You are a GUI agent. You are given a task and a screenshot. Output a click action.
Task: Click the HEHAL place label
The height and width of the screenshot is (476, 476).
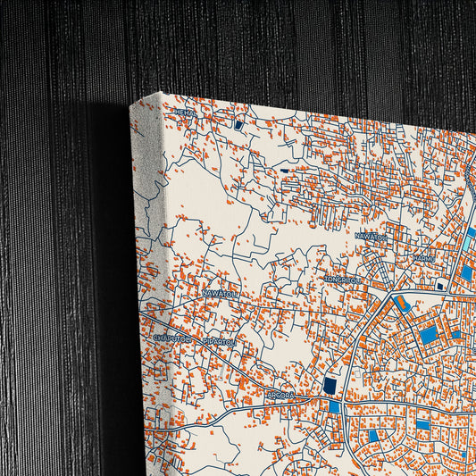click(x=185, y=113)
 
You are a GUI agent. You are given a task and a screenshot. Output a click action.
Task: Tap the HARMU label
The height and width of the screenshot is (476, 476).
click(x=423, y=259)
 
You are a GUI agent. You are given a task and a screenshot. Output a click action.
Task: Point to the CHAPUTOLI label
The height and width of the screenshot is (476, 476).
click(x=172, y=338)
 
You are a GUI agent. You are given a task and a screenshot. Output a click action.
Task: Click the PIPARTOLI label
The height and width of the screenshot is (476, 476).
click(x=219, y=341)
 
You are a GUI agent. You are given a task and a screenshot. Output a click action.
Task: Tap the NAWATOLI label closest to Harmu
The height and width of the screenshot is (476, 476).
click(x=372, y=236)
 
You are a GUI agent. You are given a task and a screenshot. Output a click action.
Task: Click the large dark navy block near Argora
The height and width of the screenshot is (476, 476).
click(x=330, y=384)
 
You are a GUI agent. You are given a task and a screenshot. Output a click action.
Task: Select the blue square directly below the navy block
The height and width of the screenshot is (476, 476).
click(x=334, y=406)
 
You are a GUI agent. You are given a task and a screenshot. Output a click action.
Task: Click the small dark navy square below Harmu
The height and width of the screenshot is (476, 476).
click(x=440, y=285)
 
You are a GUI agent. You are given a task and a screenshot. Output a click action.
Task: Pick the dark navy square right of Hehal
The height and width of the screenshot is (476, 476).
click(x=238, y=126)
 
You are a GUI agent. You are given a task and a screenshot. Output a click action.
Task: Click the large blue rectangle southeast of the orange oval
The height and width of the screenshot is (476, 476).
click(x=430, y=334)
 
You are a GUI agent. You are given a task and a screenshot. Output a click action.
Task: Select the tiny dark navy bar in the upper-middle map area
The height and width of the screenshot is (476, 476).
click(x=284, y=171)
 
